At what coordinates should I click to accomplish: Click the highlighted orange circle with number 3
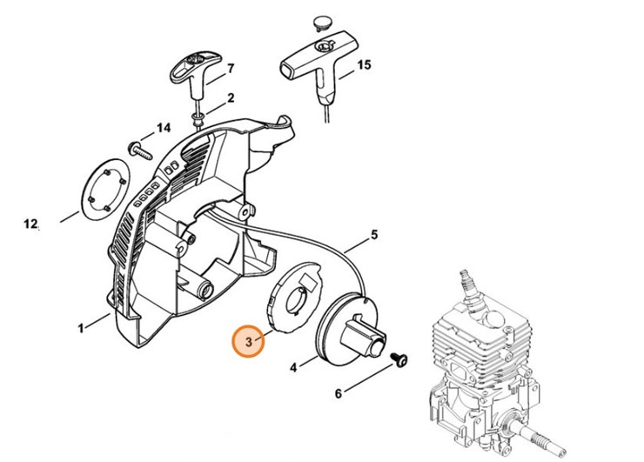[x=249, y=342]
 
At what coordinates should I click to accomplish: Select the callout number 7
[x=230, y=68]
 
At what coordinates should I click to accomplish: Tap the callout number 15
[x=364, y=64]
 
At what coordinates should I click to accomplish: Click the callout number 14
[x=164, y=128]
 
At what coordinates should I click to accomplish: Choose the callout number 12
[x=30, y=224]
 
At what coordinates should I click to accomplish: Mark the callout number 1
[x=81, y=328]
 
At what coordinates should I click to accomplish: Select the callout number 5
[x=373, y=234]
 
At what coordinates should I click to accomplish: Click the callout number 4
[x=293, y=368]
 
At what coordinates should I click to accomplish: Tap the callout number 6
[x=339, y=393]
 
